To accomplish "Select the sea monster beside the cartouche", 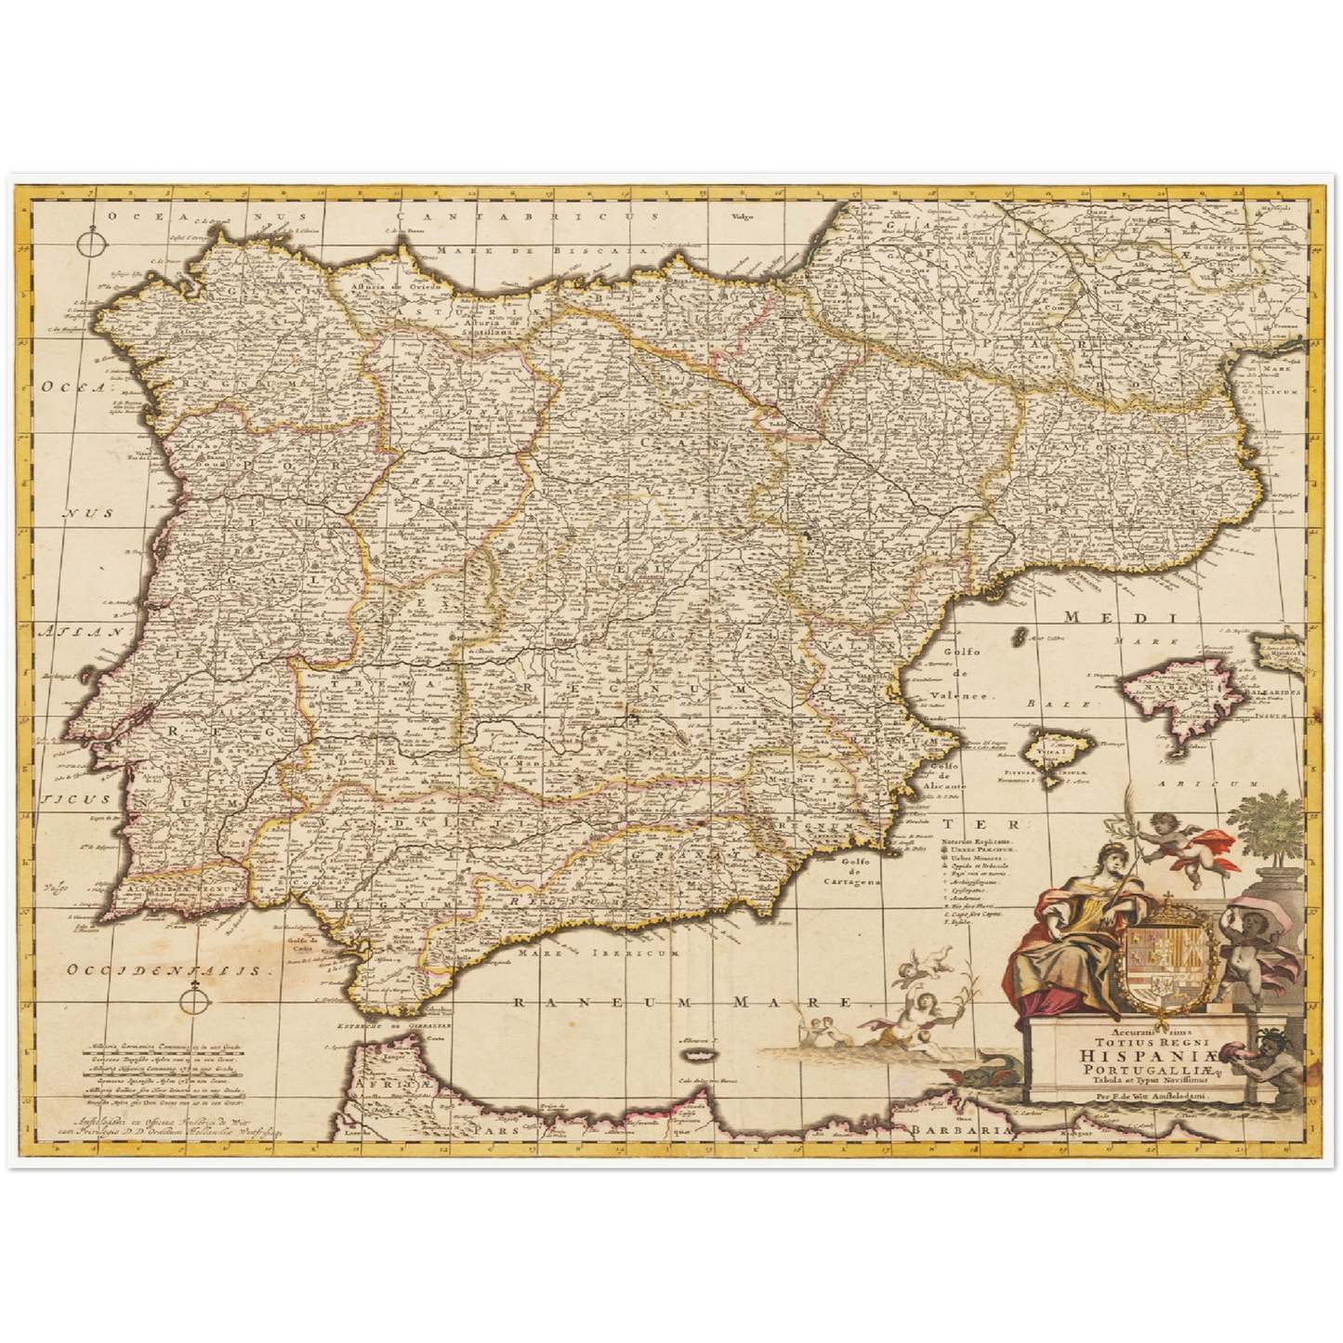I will click(x=973, y=1077).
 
